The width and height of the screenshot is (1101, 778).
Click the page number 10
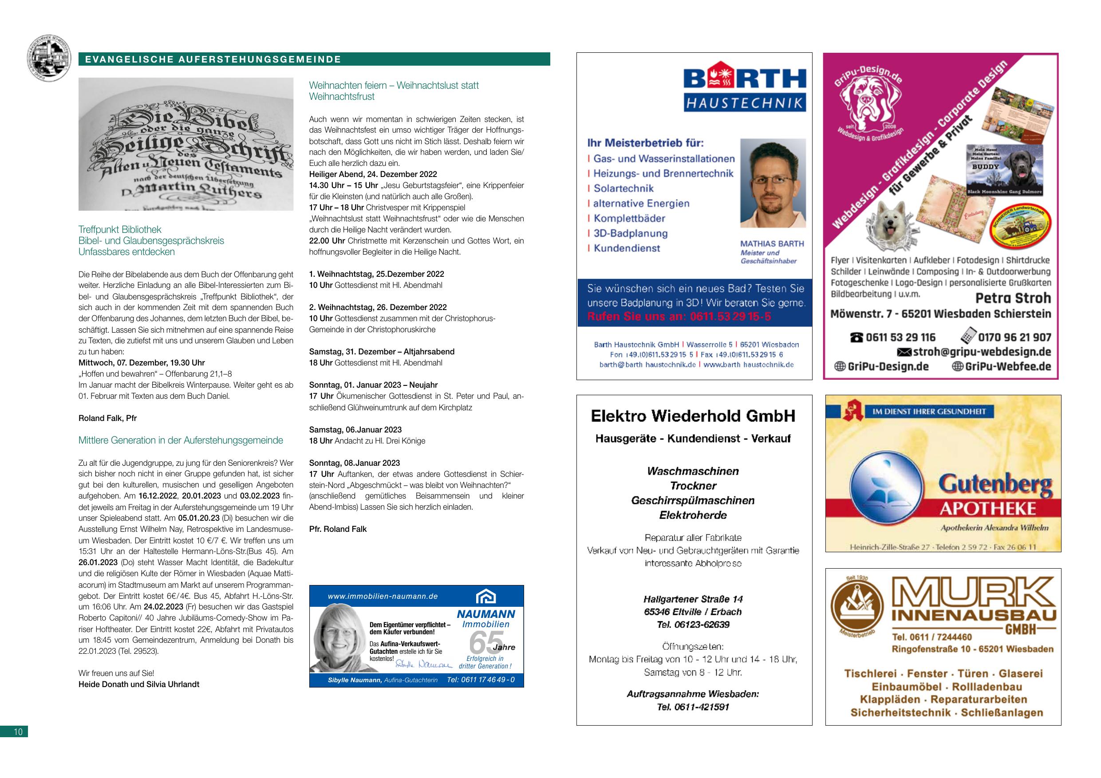[x=18, y=731]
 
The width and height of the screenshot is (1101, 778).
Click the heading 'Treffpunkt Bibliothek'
[x=120, y=230]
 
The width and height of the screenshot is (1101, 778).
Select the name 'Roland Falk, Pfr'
[x=107, y=418]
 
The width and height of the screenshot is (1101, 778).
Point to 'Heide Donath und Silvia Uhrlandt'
[x=138, y=684]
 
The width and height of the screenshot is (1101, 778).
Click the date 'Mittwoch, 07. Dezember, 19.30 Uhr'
[x=142, y=363]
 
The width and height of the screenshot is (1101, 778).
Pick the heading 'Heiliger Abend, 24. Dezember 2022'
[x=373, y=174]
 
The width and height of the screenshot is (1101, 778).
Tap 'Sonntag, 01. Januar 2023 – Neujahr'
[x=373, y=385]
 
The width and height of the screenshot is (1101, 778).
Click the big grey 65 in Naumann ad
[x=485, y=642]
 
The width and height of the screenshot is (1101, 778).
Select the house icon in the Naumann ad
[x=485, y=597]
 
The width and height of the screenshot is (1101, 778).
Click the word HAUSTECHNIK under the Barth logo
[x=745, y=102]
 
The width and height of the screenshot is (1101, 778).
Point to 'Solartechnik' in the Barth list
[x=624, y=189]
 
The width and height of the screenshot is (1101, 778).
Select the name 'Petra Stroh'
[x=1013, y=298]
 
